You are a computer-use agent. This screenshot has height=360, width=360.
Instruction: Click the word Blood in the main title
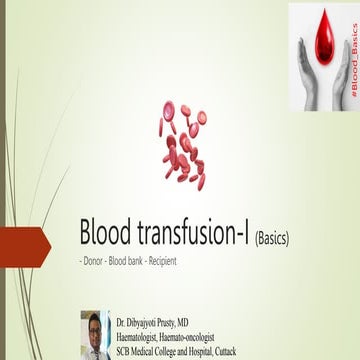pos(104,233)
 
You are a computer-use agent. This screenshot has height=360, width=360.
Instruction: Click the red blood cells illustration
pos(182,145)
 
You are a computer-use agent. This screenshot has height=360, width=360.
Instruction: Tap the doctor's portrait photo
pos(94,334)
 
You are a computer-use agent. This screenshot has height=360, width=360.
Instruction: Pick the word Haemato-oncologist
pos(216,332)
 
